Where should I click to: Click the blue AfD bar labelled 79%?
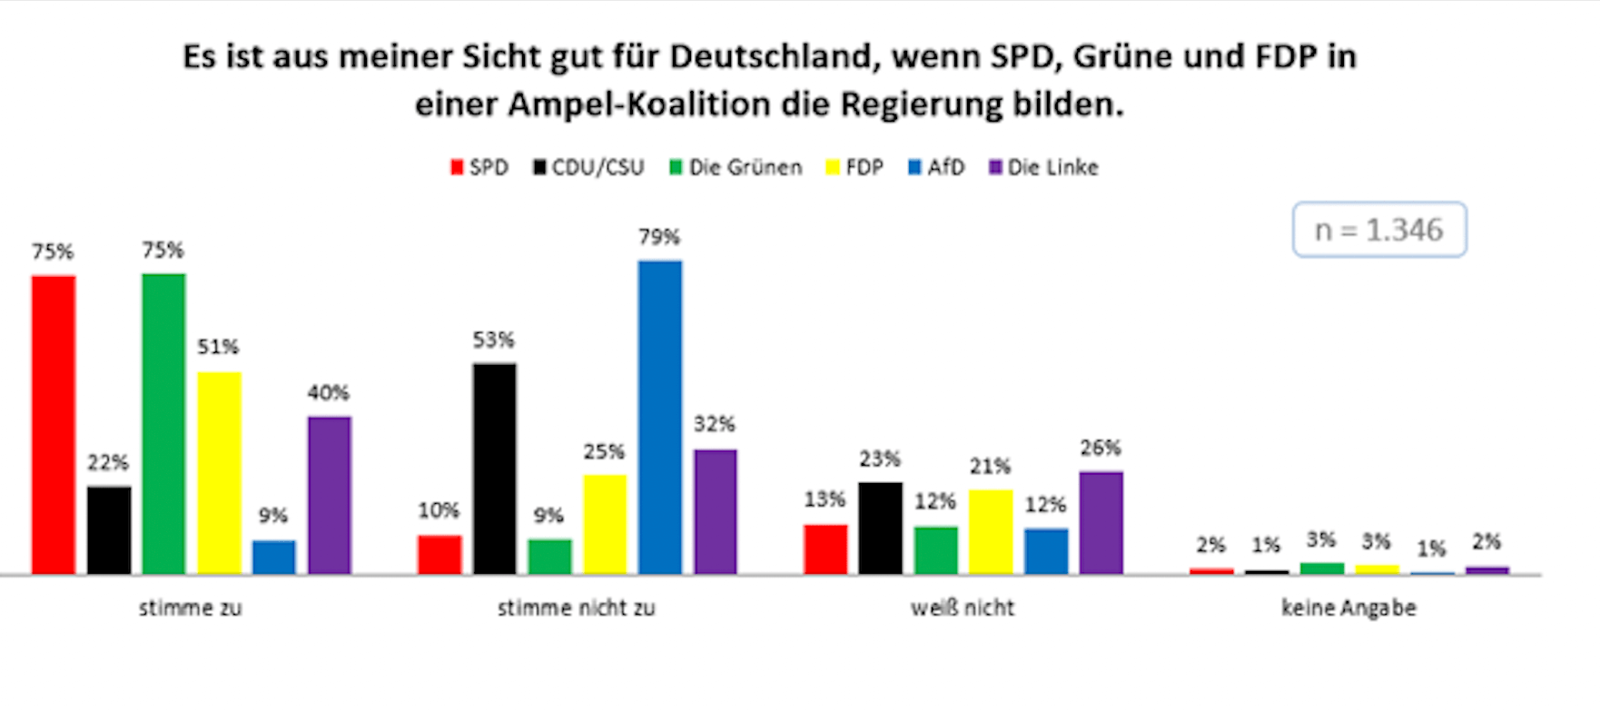point(660,417)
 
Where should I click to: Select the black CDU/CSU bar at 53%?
point(494,468)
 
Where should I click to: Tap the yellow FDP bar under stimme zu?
point(219,472)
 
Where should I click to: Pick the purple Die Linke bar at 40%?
point(329,495)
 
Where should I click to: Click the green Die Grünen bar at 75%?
point(163,423)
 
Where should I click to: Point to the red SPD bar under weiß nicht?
point(825,549)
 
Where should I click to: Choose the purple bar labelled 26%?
point(1101,523)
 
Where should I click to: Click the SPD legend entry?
point(479,168)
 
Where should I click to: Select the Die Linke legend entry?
point(1043,168)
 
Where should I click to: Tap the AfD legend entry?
point(936,168)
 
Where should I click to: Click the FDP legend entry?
point(854,168)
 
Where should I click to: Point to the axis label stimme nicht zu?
point(576,608)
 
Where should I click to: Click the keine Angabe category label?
point(1348,608)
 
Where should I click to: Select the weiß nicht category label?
point(963,608)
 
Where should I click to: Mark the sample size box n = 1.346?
point(1378,231)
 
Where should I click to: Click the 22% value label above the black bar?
point(108,463)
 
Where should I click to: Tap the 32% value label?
point(715,424)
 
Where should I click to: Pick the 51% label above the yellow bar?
point(218,347)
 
